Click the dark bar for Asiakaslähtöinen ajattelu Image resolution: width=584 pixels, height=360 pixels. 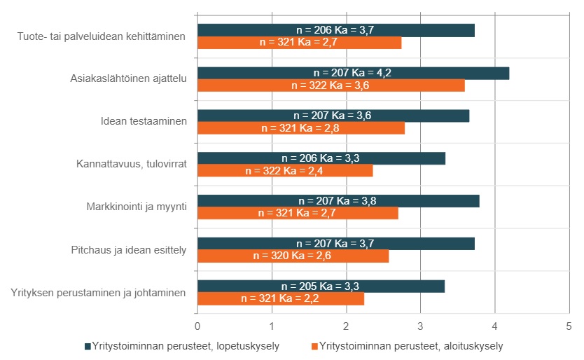(353, 73)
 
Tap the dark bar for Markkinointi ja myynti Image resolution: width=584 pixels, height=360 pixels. (338, 201)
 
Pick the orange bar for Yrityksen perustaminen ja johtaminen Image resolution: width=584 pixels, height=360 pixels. (281, 299)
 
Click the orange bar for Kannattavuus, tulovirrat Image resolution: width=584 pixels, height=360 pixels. (285, 171)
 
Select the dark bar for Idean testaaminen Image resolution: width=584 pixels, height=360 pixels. (333, 116)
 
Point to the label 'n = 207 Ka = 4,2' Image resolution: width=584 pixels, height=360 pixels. (353, 73)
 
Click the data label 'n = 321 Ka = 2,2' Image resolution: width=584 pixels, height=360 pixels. (281, 299)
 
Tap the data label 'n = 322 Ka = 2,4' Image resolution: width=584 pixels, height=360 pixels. (285, 171)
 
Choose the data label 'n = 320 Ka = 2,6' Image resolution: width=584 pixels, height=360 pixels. (293, 256)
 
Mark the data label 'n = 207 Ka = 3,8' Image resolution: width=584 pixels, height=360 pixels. (338, 201)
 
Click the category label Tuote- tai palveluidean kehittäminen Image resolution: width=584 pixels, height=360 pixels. (102, 36)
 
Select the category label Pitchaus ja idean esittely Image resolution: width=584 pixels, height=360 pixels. (128, 249)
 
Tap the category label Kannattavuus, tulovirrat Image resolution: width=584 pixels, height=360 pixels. (131, 165)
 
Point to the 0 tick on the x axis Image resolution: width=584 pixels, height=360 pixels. (197, 326)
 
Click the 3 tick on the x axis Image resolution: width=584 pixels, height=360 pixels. (420, 326)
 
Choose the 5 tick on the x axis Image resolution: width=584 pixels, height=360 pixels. (569, 326)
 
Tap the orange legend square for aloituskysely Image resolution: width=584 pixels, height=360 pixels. (314, 346)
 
